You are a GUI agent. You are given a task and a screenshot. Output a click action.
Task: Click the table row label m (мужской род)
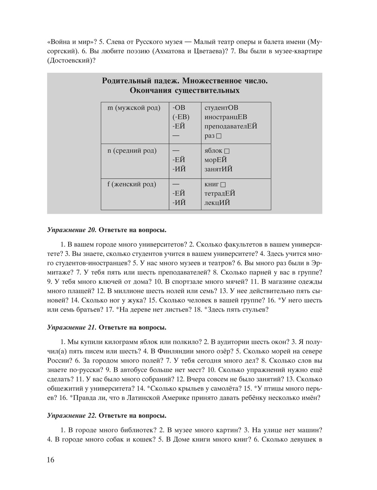tap(133, 108)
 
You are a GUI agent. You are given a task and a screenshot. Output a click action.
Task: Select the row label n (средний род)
tap(132, 151)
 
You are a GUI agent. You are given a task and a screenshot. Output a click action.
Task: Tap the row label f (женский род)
tap(132, 184)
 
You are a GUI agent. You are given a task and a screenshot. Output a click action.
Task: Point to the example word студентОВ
tap(221, 108)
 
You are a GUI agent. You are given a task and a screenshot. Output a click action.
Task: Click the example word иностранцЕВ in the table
tap(226, 117)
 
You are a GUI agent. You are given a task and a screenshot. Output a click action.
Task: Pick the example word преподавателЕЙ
tap(231, 126)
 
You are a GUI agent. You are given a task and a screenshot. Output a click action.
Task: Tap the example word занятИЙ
tap(219, 169)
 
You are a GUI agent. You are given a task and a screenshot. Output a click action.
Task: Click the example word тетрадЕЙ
tap(220, 193)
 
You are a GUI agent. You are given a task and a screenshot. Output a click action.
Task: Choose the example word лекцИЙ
tap(217, 203)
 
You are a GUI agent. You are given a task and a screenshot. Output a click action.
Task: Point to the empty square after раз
tap(219, 136)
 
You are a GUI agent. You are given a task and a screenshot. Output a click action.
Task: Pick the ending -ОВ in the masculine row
tap(179, 108)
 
